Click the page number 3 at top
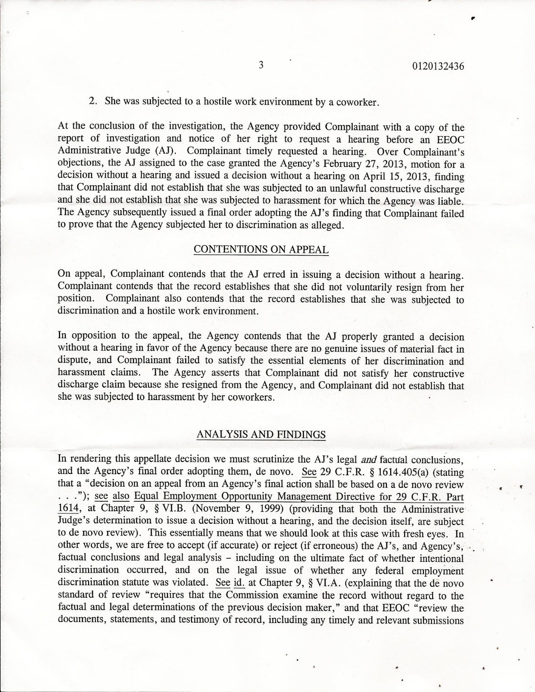pos(261,66)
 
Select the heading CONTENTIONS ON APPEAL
pos(261,250)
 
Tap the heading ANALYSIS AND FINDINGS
pos(261,434)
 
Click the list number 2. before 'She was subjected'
pos(92,102)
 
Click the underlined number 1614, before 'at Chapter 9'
pos(67,509)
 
